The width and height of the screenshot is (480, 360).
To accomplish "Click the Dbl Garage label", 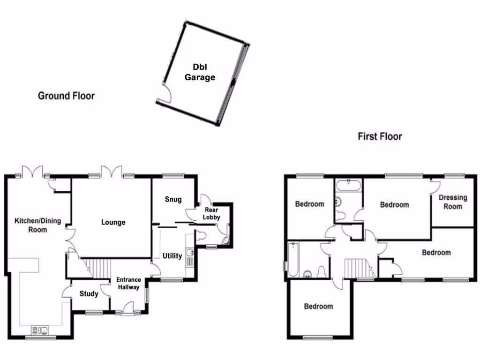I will coord(200,72).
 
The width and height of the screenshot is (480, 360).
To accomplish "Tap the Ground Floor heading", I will coord(66,96).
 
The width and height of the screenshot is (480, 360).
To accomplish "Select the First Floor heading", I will coord(380,137).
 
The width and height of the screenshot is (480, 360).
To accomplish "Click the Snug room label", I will coord(173,199).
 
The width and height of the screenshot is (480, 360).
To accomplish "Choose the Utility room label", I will coord(172,256).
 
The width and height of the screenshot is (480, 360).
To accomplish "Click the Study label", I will coord(89,294).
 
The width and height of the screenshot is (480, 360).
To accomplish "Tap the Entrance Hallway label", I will coord(128,284).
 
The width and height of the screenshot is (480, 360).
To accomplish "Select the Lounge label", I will coord(113,222).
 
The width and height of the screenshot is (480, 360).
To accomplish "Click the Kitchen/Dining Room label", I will coord(37,225).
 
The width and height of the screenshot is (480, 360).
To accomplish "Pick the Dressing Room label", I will coord(453,202).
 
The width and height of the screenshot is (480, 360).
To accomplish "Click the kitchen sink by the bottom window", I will coord(40,331).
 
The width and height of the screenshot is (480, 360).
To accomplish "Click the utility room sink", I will coord(190,254).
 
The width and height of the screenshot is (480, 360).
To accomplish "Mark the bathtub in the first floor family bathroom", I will coord(292,259).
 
